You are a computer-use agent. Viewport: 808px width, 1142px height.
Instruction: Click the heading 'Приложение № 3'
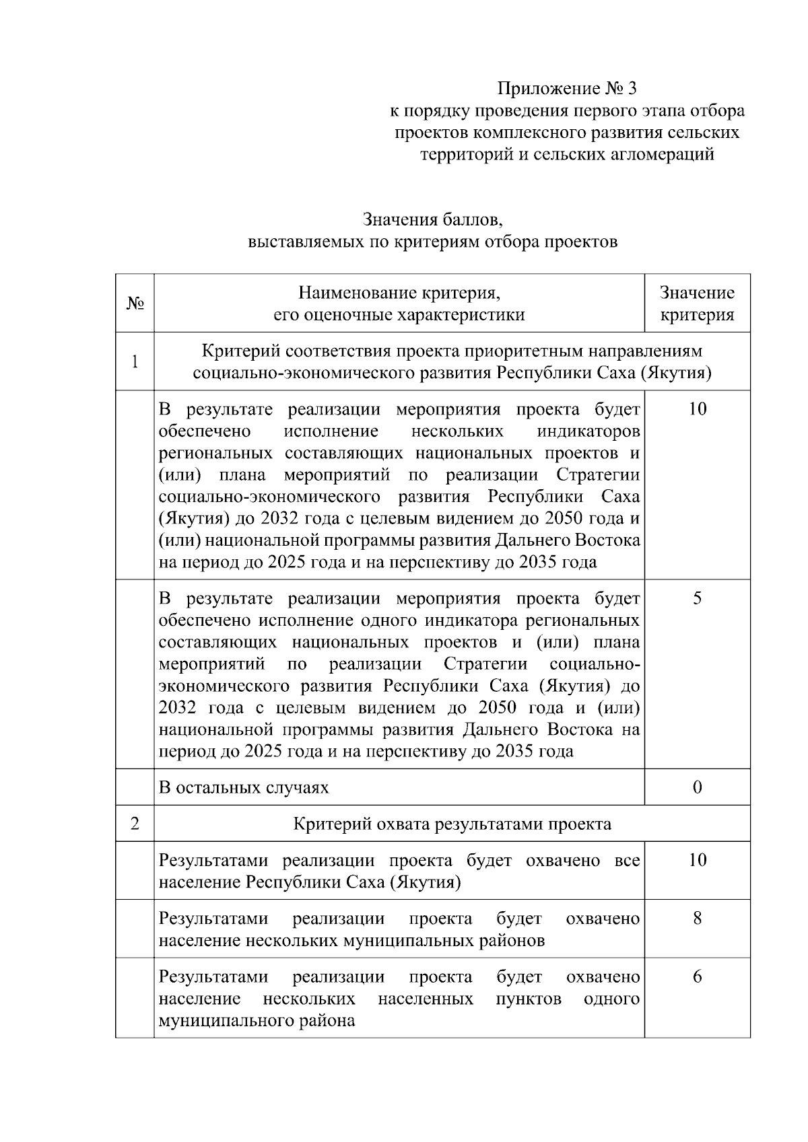[x=566, y=89]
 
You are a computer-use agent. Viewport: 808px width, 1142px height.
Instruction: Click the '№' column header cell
[x=135, y=304]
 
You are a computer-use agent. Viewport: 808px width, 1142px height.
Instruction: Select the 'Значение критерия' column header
[x=697, y=304]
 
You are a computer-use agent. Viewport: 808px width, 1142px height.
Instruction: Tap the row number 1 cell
[x=135, y=362]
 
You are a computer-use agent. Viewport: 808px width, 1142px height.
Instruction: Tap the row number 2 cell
[x=135, y=824]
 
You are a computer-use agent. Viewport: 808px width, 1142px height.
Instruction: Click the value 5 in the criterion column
[x=697, y=598]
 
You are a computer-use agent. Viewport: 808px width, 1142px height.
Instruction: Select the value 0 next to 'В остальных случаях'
[x=697, y=787]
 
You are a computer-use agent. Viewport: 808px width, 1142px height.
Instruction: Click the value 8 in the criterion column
[x=697, y=919]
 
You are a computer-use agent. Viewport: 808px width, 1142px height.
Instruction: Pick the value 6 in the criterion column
[x=697, y=977]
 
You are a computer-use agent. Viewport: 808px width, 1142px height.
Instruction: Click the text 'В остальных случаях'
[x=244, y=787]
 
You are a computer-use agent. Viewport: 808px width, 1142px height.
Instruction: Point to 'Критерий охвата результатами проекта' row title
[x=452, y=824]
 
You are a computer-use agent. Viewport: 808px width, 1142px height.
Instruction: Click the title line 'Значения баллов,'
[x=433, y=220]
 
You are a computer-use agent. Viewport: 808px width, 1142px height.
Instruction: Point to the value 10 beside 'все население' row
[x=697, y=860]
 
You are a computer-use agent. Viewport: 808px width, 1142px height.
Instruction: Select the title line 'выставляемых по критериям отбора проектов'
[x=433, y=242]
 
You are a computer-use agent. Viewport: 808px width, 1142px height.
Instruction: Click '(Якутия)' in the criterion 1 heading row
[x=676, y=373]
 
